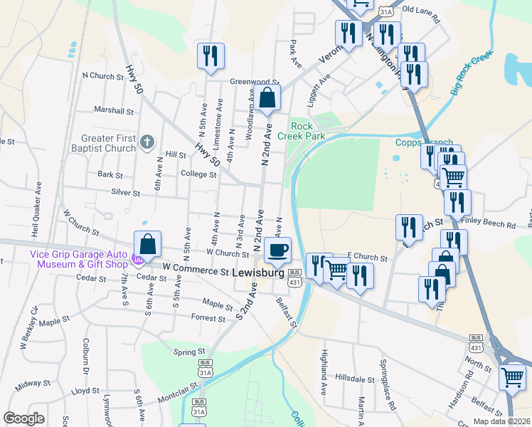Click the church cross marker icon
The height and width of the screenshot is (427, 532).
147,141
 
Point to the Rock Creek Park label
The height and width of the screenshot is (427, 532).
301,130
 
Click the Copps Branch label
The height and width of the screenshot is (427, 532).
422,142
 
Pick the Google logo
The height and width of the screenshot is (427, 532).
23,418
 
